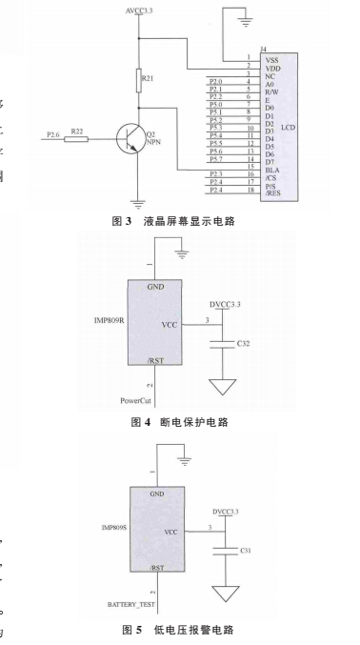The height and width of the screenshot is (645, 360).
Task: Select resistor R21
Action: coord(139,76)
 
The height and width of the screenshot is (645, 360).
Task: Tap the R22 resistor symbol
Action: coord(79,138)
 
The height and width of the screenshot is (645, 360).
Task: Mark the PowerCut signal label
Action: coord(136,400)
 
